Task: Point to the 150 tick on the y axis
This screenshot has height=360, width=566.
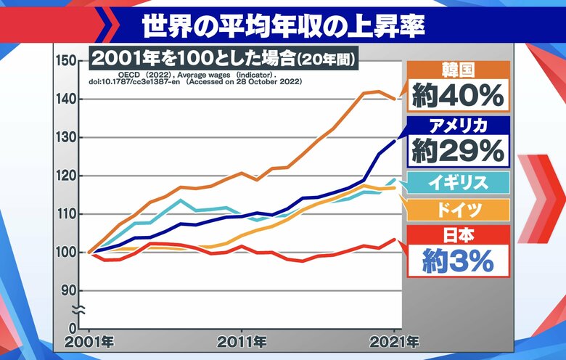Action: coord(66,60)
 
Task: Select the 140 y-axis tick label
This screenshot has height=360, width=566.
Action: coord(66,99)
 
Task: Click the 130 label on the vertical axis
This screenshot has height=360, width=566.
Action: coord(66,137)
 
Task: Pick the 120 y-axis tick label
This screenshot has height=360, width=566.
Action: coord(66,176)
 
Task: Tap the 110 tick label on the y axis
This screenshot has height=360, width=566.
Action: coord(66,214)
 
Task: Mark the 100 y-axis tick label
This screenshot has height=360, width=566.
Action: coord(66,253)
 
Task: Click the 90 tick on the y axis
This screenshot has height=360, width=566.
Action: coord(70,290)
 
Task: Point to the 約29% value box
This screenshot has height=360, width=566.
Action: coord(458,150)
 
